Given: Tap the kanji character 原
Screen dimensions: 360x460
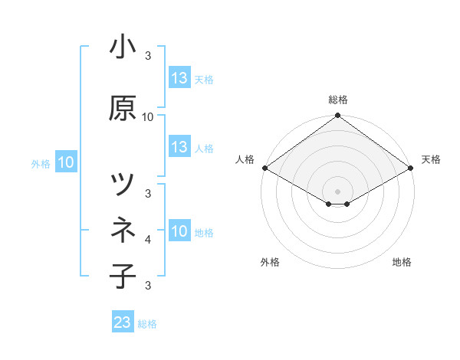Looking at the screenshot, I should tap(123, 109).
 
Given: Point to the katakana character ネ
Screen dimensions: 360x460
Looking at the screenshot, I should tap(123, 231).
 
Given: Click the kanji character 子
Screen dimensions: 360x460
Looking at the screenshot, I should tap(123, 276).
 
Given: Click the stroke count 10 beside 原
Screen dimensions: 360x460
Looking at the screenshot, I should tap(148, 117).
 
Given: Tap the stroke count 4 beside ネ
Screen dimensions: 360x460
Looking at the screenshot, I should tap(148, 240).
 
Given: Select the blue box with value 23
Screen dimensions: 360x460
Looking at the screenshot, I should tap(123, 322).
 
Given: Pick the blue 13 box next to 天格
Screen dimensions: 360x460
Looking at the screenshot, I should tap(179, 78).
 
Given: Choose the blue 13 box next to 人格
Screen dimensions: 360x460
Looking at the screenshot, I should tap(179, 147).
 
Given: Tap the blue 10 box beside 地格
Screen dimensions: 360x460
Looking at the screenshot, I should tap(179, 231).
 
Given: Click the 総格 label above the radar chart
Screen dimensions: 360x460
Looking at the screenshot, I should tap(338, 100).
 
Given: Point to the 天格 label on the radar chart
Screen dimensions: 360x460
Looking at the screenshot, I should tap(431, 159).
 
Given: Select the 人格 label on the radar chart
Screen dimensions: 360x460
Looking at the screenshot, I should tap(245, 159).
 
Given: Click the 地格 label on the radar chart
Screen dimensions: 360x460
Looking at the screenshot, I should tap(402, 262).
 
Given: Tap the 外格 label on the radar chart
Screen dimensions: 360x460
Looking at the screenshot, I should tap(270, 262).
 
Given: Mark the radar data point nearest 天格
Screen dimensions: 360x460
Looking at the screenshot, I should tap(412, 168).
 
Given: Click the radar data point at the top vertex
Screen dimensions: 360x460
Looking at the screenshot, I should tap(338, 116).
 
